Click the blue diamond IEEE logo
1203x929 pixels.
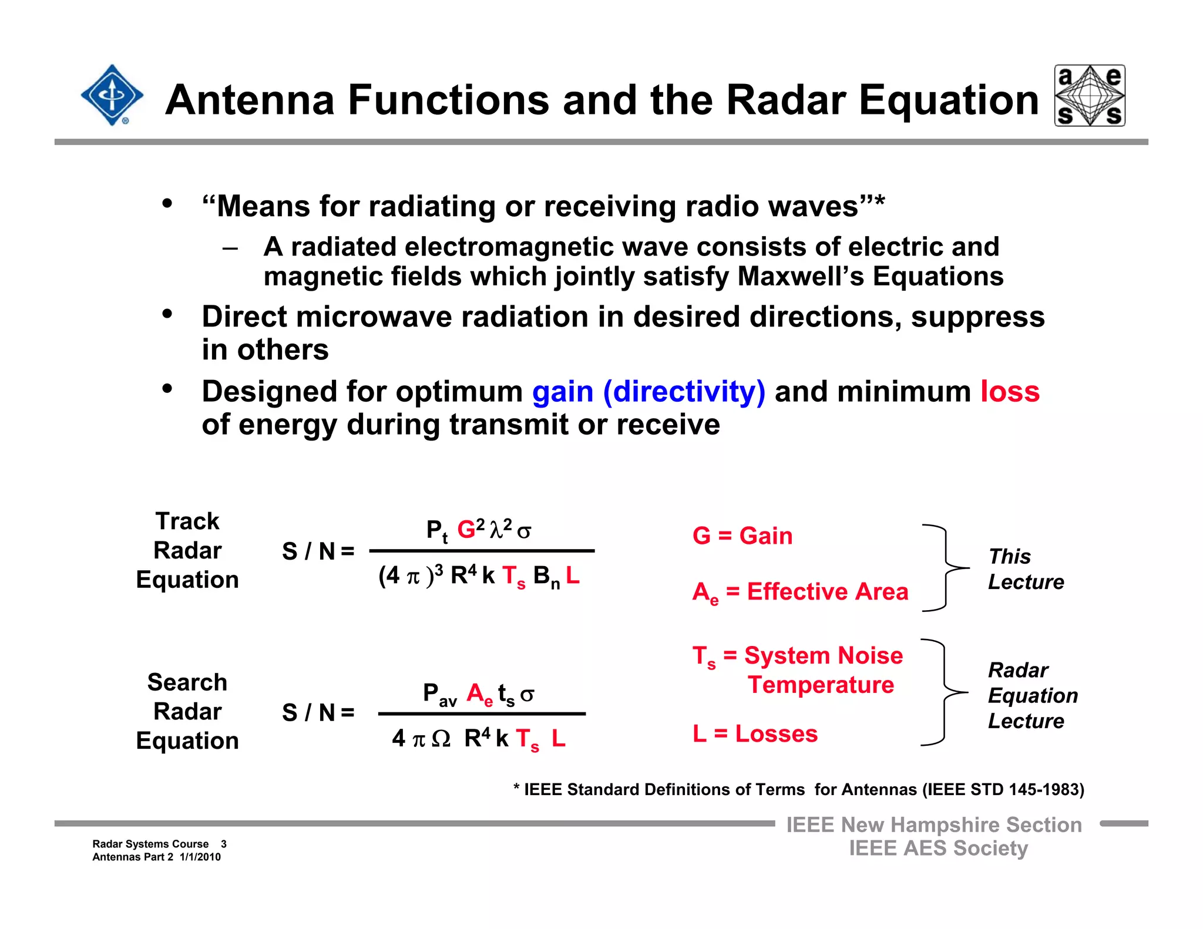coord(112,95)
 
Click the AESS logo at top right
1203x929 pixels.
coord(1090,96)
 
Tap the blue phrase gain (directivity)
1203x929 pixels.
coord(648,392)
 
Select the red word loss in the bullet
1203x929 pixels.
coord(1010,392)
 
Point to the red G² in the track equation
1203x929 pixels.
coord(471,529)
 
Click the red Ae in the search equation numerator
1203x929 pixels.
coord(479,694)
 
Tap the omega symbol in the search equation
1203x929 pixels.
coord(441,739)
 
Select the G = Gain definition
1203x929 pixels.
coord(742,536)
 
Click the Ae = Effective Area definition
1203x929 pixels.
coord(800,592)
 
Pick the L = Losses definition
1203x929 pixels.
coord(755,734)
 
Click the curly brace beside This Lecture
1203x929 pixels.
coord(945,568)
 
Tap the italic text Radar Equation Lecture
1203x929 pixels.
coord(1032,695)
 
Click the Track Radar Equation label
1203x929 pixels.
coord(187,550)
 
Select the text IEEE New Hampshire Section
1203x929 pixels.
coord(934,825)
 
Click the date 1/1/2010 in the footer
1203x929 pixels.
coord(200,857)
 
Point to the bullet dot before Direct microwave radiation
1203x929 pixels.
coord(167,314)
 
